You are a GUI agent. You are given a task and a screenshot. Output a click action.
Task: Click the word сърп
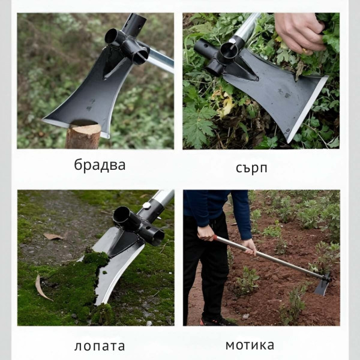pyautogui.click(x=251, y=167)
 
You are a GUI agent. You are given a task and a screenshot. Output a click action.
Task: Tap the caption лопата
pyautogui.click(x=100, y=346)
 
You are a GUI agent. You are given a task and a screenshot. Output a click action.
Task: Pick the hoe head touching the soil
pyautogui.click(x=322, y=285)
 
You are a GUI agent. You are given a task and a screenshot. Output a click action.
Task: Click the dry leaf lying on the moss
pyautogui.click(x=42, y=287)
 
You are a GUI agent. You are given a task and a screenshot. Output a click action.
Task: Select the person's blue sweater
pyautogui.click(x=216, y=207)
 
